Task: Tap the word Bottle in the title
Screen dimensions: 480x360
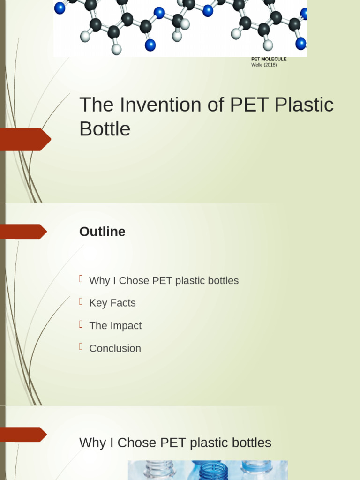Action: click(x=105, y=129)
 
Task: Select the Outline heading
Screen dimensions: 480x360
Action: click(x=102, y=232)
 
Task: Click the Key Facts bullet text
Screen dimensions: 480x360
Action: click(x=112, y=303)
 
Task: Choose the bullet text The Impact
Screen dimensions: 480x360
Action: click(x=115, y=325)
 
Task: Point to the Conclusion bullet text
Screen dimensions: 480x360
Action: click(x=115, y=348)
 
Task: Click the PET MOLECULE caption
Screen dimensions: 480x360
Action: click(x=269, y=59)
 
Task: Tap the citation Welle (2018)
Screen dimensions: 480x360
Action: click(x=264, y=65)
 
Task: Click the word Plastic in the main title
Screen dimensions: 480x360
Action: click(x=304, y=105)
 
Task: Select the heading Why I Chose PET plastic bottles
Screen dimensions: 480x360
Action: click(x=175, y=442)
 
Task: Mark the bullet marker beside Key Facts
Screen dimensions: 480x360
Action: click(x=81, y=301)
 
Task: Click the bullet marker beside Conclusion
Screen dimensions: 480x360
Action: click(x=81, y=347)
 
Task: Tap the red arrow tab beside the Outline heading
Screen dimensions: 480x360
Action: click(x=23, y=232)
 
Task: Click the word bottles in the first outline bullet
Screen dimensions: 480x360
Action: click(x=223, y=280)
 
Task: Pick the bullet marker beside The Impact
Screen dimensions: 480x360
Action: click(x=81, y=324)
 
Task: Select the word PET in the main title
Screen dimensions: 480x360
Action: click(x=249, y=105)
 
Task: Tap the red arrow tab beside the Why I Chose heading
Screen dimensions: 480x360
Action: click(x=23, y=435)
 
